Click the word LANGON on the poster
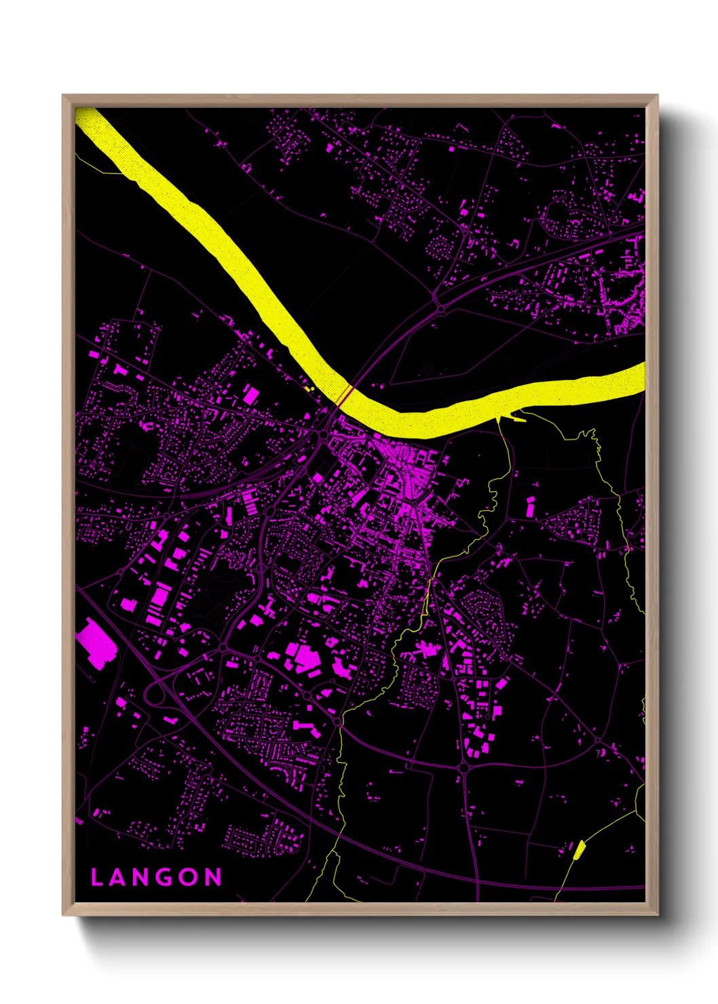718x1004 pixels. click(x=156, y=877)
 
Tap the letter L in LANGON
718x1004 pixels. click(x=96, y=877)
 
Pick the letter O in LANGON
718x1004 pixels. click(x=190, y=877)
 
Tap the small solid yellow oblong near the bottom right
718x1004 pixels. click(x=579, y=850)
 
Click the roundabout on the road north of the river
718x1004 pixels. click(x=441, y=309)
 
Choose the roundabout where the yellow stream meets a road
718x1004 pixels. click(x=338, y=724)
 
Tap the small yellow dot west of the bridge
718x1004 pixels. click(x=309, y=389)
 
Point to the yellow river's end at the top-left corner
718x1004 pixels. click(x=85, y=117)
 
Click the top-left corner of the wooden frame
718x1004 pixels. click(x=63, y=96)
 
